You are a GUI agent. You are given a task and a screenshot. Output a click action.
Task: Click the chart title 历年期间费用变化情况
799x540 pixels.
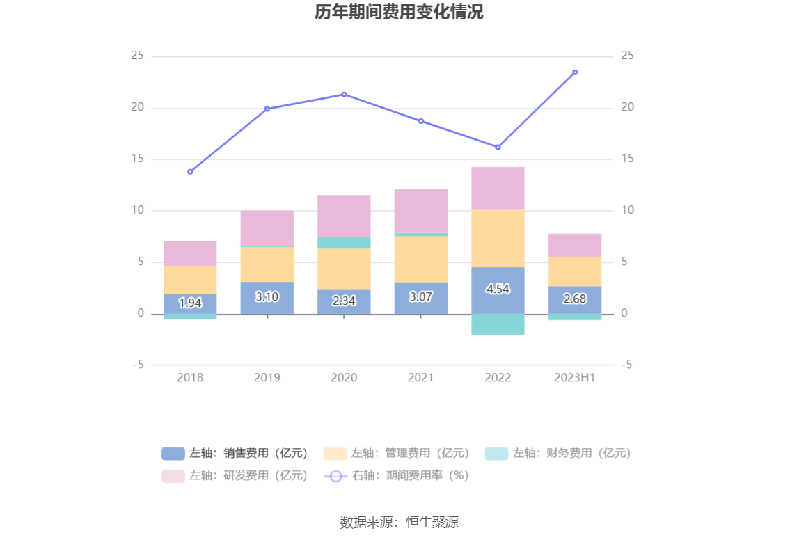point(399,13)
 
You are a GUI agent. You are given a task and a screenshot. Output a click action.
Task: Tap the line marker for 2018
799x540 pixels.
point(190,171)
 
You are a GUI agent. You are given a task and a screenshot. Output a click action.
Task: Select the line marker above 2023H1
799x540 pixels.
point(575,72)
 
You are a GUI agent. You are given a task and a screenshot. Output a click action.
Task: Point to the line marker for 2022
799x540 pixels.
point(498,147)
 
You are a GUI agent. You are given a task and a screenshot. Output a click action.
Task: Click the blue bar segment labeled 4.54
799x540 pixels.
point(498,290)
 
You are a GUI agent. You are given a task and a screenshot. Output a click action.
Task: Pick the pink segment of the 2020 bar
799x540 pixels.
point(344,216)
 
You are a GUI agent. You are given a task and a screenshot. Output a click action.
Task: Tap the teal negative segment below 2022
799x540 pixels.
point(498,324)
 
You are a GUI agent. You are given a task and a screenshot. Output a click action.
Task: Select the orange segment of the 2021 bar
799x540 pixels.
point(421,259)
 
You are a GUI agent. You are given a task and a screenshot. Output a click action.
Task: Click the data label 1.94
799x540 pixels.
point(190,303)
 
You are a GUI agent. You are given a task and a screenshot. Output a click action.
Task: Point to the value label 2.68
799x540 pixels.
point(575,299)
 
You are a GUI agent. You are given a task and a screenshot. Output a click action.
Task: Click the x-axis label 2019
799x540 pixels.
point(267,378)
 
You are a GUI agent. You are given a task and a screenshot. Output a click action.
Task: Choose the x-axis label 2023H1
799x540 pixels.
point(575,378)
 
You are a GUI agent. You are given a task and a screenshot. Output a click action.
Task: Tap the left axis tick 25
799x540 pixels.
point(137,56)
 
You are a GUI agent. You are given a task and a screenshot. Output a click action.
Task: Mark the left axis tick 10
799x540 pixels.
point(137,210)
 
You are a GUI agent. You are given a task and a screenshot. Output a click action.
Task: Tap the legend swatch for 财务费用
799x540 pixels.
point(496,454)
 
